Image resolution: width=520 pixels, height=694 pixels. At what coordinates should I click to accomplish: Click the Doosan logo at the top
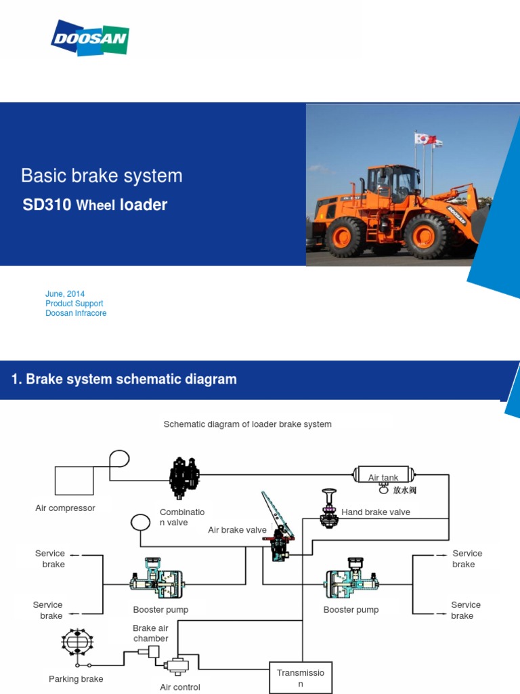(x=90, y=39)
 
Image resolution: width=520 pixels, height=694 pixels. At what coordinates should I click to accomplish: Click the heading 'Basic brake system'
(x=102, y=176)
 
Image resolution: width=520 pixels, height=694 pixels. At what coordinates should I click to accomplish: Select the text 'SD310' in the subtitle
(x=47, y=205)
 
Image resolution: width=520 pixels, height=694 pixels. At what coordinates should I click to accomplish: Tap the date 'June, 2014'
(x=65, y=294)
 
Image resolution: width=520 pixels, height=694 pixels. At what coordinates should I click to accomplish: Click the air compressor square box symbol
(x=74, y=481)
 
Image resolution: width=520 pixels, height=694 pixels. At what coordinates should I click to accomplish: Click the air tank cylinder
(x=384, y=474)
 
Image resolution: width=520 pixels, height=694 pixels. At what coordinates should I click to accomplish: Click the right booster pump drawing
(x=351, y=579)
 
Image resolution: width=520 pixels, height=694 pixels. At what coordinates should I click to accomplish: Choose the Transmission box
(x=300, y=678)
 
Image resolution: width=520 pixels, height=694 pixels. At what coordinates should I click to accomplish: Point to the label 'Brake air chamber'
(x=150, y=634)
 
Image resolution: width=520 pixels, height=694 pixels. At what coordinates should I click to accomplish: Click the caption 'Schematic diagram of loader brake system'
(x=247, y=424)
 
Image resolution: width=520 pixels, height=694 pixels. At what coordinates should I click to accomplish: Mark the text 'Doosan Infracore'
(x=76, y=313)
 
